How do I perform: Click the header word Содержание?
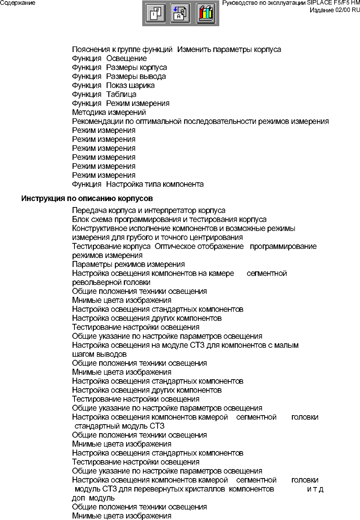coord(18,3)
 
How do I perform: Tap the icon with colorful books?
coord(206,13)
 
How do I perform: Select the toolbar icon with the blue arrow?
coord(180,13)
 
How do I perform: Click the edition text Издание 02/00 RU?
coord(335,10)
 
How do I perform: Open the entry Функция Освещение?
coord(109,58)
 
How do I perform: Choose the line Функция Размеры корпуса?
coord(119,67)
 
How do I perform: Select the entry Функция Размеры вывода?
coord(119,76)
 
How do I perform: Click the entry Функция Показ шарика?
coord(113,85)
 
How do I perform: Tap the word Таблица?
coord(121,94)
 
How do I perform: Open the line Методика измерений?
coord(109,112)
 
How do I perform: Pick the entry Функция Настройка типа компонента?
coord(138,184)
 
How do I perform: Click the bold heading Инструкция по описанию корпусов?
coord(87,198)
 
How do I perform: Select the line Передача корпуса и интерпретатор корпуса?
coord(149,210)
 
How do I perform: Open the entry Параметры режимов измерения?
coord(128,264)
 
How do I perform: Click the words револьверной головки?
coord(111,282)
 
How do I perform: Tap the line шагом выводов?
coord(99,354)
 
